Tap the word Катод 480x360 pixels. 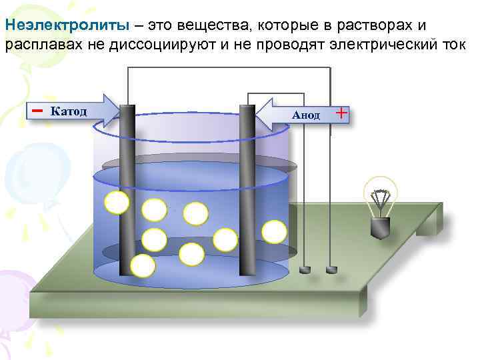click(69, 110)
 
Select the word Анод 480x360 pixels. click(306, 115)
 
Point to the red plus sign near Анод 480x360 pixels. click(341, 113)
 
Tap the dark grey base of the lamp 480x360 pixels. click(381, 229)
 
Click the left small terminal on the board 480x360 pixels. click(306, 269)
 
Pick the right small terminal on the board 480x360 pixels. click(331, 269)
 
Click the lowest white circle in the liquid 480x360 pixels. click(143, 266)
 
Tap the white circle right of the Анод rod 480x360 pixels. click(274, 231)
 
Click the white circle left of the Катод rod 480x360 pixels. click(117, 202)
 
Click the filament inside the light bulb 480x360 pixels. click(381, 199)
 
